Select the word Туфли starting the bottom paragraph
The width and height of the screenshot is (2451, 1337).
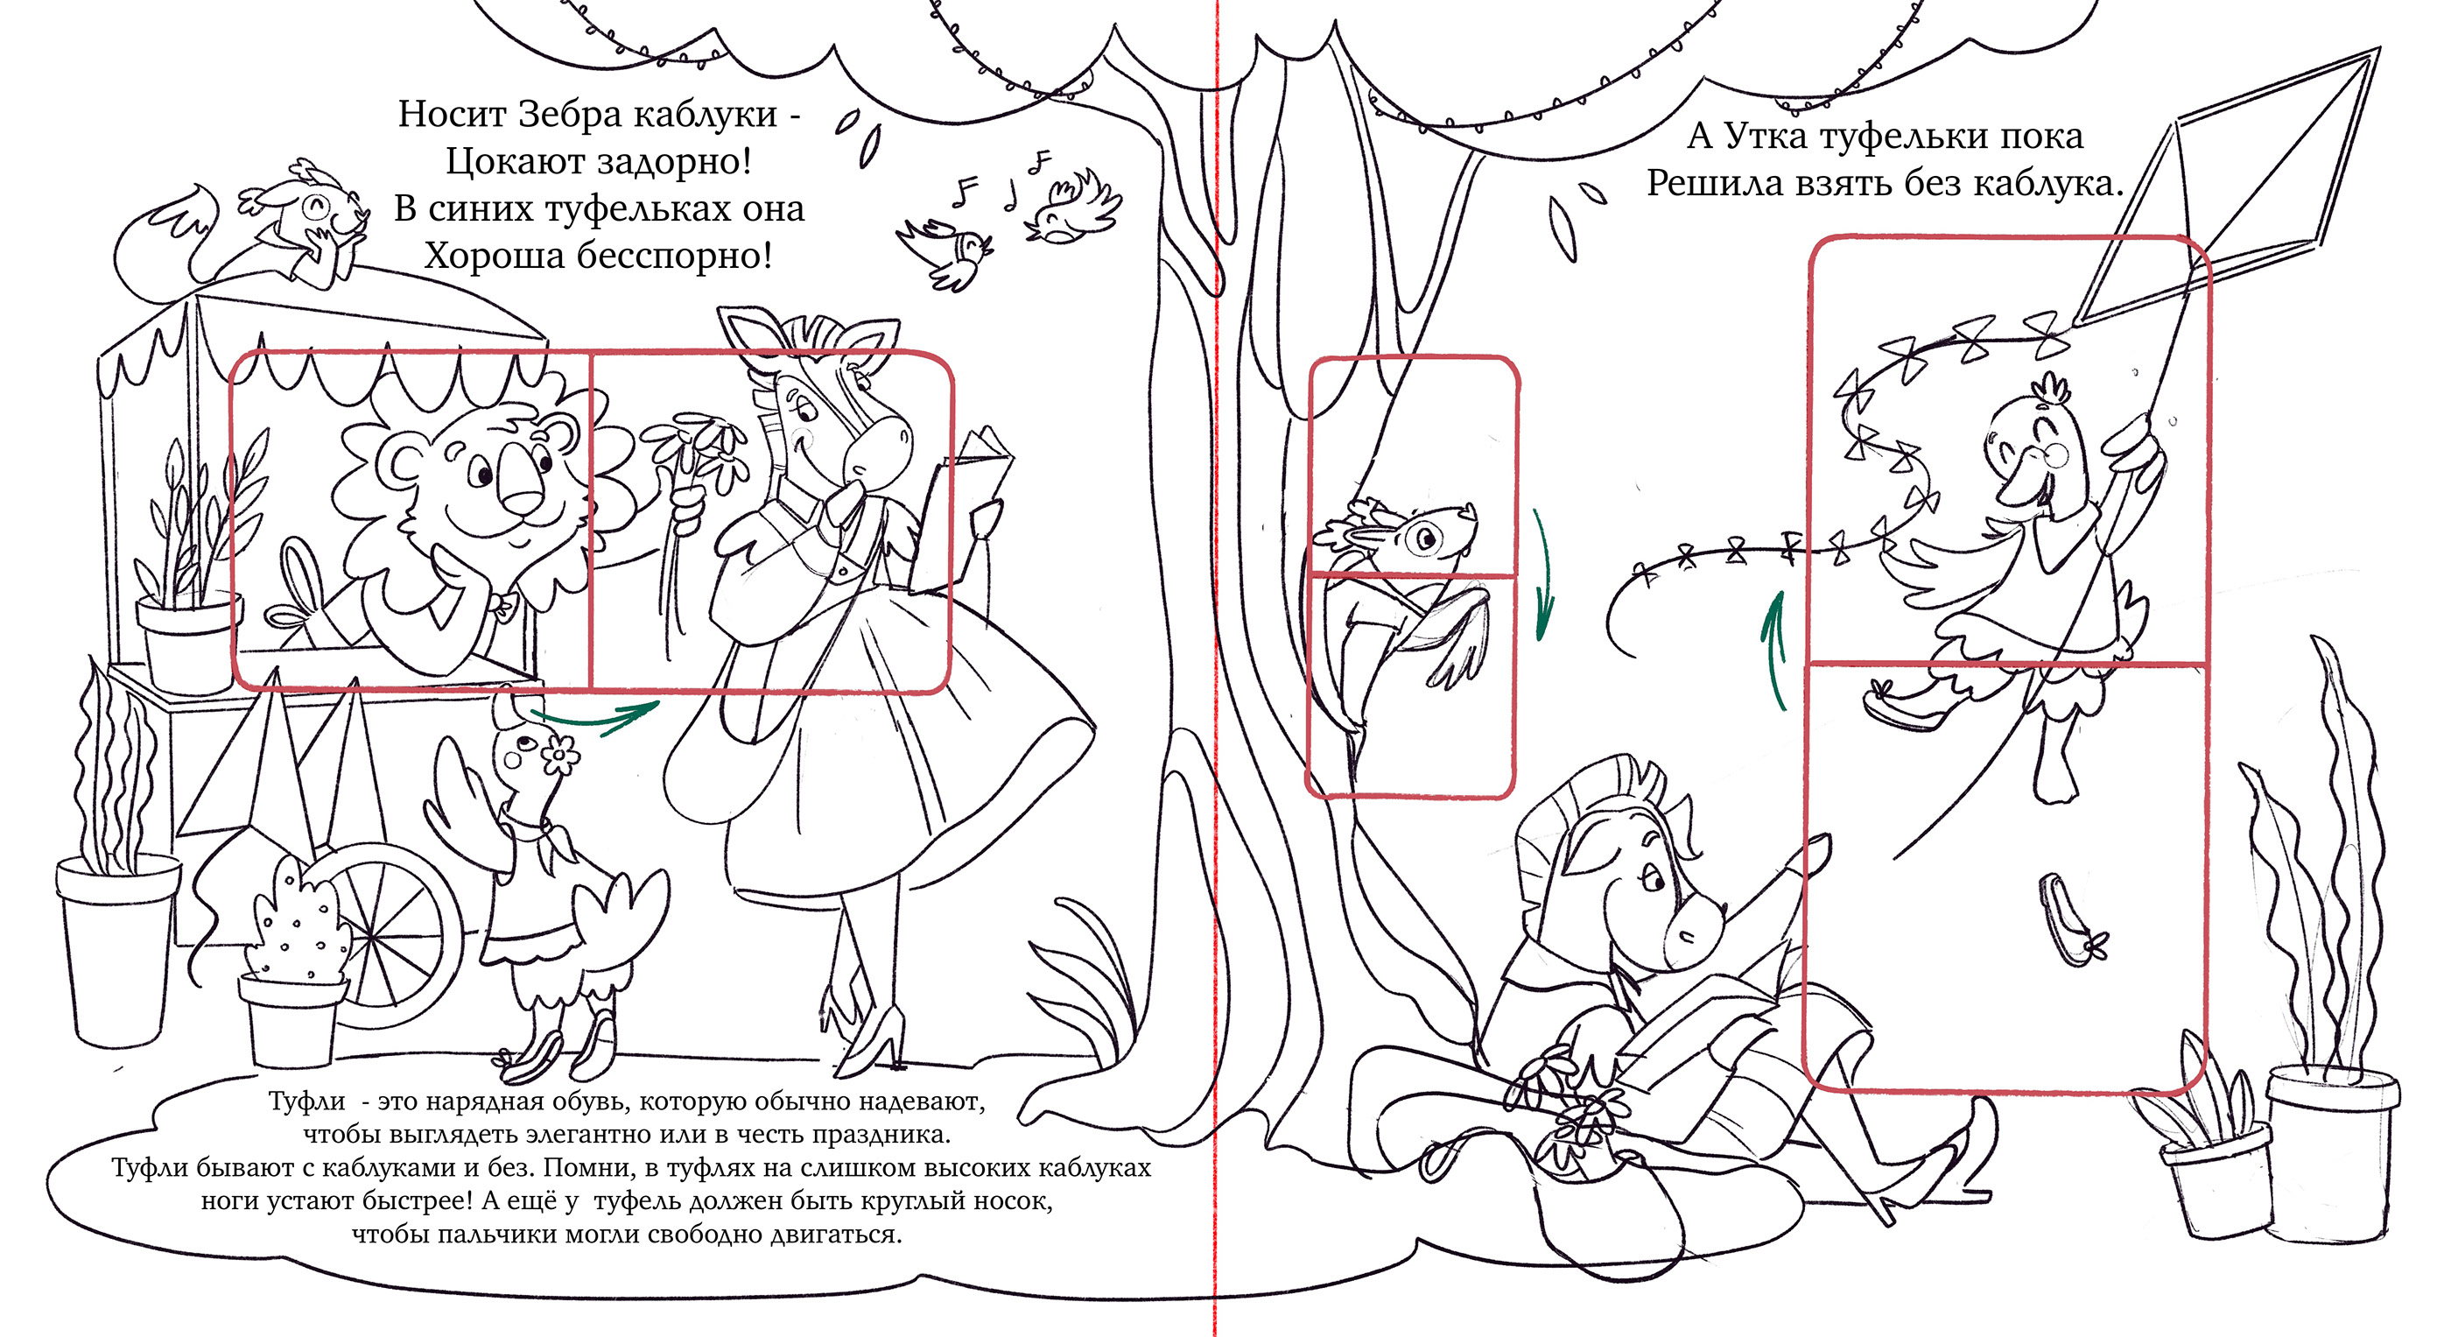tap(306, 1102)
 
